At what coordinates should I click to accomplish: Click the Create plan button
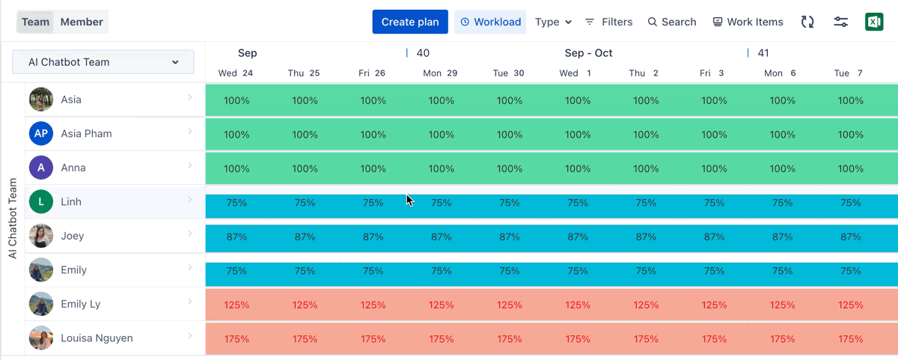coord(410,22)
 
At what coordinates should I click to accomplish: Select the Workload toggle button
coord(490,22)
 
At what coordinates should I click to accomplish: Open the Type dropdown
coord(553,22)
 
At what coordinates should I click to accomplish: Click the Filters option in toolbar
coord(608,22)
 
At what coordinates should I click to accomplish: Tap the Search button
coord(672,22)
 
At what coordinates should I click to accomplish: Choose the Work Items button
coord(748,22)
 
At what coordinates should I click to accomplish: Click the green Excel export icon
coord(874,22)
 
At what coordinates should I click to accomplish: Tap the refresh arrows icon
coord(807,22)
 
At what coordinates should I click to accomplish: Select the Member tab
coord(82,22)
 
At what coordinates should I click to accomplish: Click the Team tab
coord(35,22)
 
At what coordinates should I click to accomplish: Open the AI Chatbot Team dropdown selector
coord(103,62)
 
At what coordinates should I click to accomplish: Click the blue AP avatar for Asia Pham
coord(41,133)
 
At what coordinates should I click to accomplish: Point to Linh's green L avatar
coord(41,201)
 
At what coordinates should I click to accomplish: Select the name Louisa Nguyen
coord(97,338)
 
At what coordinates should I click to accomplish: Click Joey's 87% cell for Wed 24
coord(236,237)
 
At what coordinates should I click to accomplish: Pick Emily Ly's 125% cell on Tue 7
coord(851,305)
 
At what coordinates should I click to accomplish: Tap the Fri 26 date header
coord(372,73)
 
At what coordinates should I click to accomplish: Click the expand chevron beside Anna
coord(190,165)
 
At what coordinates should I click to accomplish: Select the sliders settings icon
coord(841,22)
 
